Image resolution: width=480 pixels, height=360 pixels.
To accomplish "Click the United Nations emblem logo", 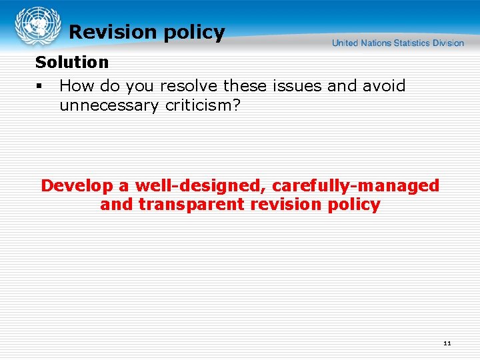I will (x=37, y=27).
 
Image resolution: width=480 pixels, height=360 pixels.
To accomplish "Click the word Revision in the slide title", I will (x=111, y=32).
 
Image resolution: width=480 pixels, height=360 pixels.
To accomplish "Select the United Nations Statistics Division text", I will (x=398, y=43).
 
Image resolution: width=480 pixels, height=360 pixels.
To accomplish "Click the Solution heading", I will (x=71, y=63).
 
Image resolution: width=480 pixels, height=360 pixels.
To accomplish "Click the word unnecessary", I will (x=111, y=105).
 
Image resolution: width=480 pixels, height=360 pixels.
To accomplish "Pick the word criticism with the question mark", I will (x=203, y=105).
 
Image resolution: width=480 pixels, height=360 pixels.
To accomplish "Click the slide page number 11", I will (x=447, y=343).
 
